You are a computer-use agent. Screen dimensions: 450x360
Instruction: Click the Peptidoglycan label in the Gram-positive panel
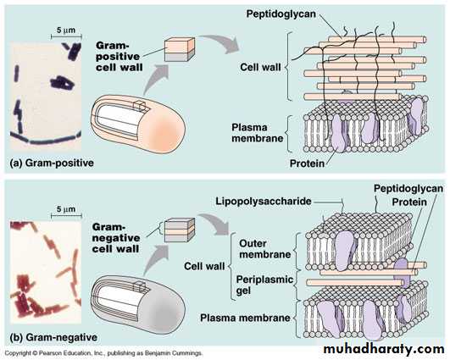tap(281, 14)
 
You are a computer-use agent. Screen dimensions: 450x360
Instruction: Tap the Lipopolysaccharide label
tap(264, 201)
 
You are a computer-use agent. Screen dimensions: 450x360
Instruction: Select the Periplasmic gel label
tap(264, 285)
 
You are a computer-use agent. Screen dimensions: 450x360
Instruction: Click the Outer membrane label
tap(265, 249)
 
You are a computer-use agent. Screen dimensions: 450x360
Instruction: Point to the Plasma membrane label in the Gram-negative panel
tap(245, 318)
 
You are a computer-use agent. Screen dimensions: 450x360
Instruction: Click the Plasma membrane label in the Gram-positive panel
tap(258, 133)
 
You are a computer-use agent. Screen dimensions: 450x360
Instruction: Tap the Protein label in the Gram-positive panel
tap(307, 163)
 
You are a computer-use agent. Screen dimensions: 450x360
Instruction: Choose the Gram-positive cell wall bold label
tap(119, 56)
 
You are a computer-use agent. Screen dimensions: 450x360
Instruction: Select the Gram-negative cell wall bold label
tap(116, 238)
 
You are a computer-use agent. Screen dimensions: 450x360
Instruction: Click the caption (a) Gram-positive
tap(52, 163)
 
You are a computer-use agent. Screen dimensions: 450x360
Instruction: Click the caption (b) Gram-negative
tap(53, 337)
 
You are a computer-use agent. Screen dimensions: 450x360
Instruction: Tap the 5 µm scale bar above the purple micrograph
tap(66, 36)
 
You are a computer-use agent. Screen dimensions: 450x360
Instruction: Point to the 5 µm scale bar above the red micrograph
tap(66, 215)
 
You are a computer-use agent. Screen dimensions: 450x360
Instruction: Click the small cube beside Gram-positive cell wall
tap(180, 49)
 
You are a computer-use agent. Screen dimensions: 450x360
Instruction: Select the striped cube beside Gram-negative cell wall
tap(180, 230)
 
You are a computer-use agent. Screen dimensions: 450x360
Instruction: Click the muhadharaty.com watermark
tap(384, 349)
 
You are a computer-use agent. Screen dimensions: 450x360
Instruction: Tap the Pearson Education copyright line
tap(103, 353)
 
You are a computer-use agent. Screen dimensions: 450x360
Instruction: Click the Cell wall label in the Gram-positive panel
tap(260, 67)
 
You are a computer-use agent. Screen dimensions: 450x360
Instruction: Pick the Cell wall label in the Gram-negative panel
tap(204, 266)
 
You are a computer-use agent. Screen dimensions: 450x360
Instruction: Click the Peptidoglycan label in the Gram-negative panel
tap(408, 188)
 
